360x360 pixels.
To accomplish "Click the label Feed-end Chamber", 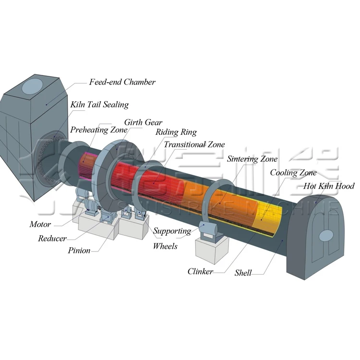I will click(122, 82).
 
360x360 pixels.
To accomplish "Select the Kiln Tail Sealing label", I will click(99, 104).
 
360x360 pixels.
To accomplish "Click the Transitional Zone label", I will click(194, 144).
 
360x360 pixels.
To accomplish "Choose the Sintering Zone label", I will click(252, 159).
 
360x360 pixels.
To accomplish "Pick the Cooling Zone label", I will click(293, 173).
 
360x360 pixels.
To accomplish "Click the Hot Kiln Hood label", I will click(329, 186).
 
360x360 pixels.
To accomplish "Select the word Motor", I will click(40, 224).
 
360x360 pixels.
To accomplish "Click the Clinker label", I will click(200, 272).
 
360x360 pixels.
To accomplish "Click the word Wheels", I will click(165, 246).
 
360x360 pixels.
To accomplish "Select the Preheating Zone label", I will click(98, 130).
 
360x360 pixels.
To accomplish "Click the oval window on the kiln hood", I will click(326, 235).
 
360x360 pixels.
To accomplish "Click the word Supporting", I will click(172, 231).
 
